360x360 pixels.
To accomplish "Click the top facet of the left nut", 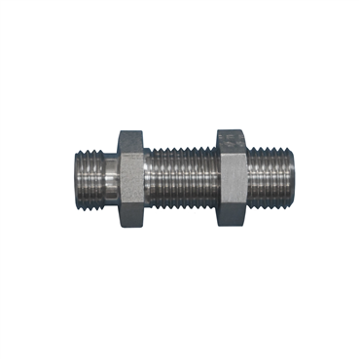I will click(x=131, y=136).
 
